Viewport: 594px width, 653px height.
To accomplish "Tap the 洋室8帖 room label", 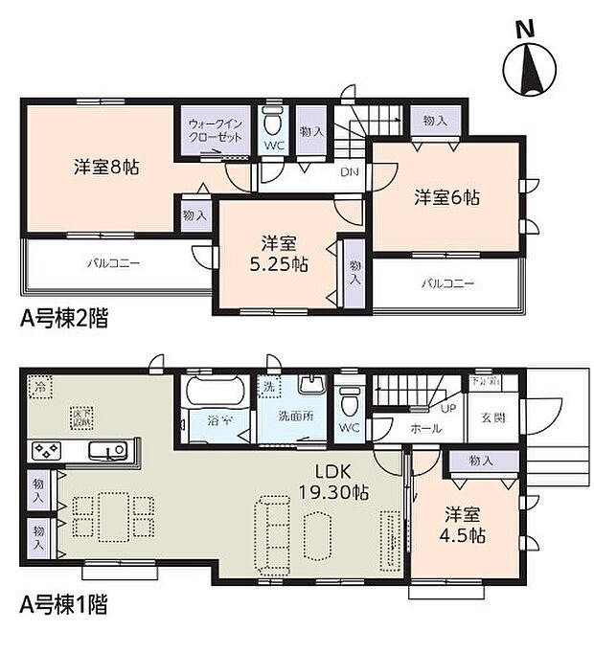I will pyautogui.click(x=107, y=167).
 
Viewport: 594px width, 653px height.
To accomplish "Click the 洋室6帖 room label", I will pyautogui.click(x=446, y=197).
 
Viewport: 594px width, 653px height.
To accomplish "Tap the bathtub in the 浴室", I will pyautogui.click(x=214, y=394).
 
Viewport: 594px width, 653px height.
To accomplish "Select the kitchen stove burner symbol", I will pyautogui.click(x=47, y=450).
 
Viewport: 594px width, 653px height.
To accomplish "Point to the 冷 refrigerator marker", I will pyautogui.click(x=40, y=388).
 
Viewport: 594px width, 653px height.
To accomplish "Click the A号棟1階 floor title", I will pyautogui.click(x=64, y=605).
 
